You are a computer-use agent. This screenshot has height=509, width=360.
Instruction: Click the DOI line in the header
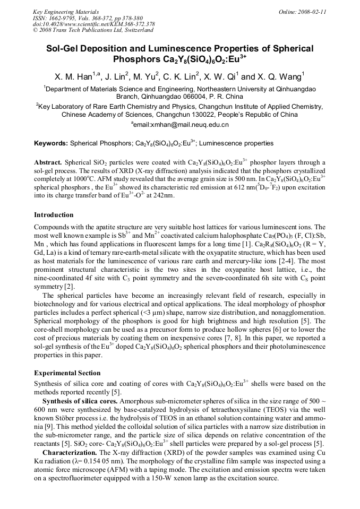(x=93, y=24)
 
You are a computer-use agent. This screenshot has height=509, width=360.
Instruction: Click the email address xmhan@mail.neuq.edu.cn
(x=183, y=125)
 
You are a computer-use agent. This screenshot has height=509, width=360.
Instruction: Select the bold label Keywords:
(x=51, y=143)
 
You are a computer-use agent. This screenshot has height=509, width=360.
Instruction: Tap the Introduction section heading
(x=54, y=215)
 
